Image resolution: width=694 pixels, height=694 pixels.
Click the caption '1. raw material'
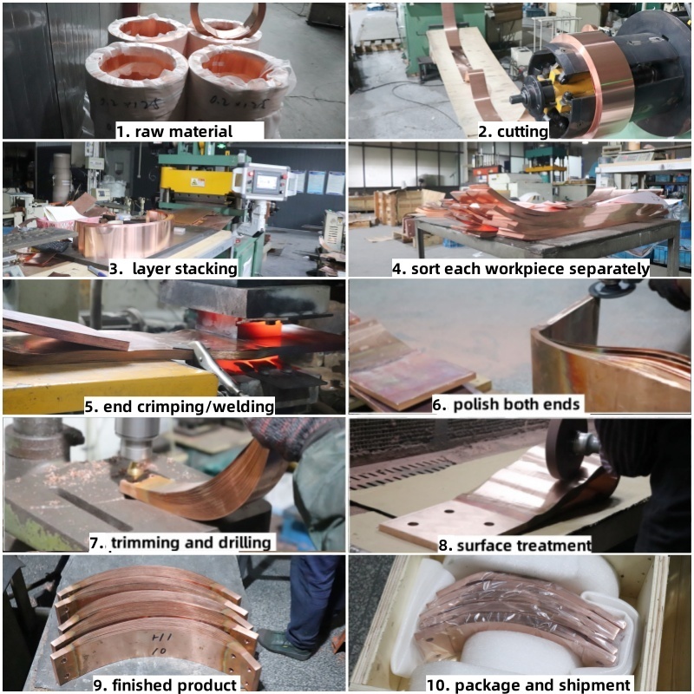(174, 132)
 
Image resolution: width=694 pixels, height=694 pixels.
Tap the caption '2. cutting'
(513, 132)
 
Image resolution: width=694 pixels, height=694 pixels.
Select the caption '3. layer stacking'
(173, 269)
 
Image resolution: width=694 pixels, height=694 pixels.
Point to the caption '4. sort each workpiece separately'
(521, 269)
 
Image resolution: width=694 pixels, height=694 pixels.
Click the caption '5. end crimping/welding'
(180, 406)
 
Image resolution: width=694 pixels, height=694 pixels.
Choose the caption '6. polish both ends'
(506, 404)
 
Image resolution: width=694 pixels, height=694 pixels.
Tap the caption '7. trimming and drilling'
(180, 543)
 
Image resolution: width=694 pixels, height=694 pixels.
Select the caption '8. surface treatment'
(514, 545)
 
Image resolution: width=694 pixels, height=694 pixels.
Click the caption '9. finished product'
(166, 684)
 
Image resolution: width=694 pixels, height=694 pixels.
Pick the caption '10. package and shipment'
(528, 684)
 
